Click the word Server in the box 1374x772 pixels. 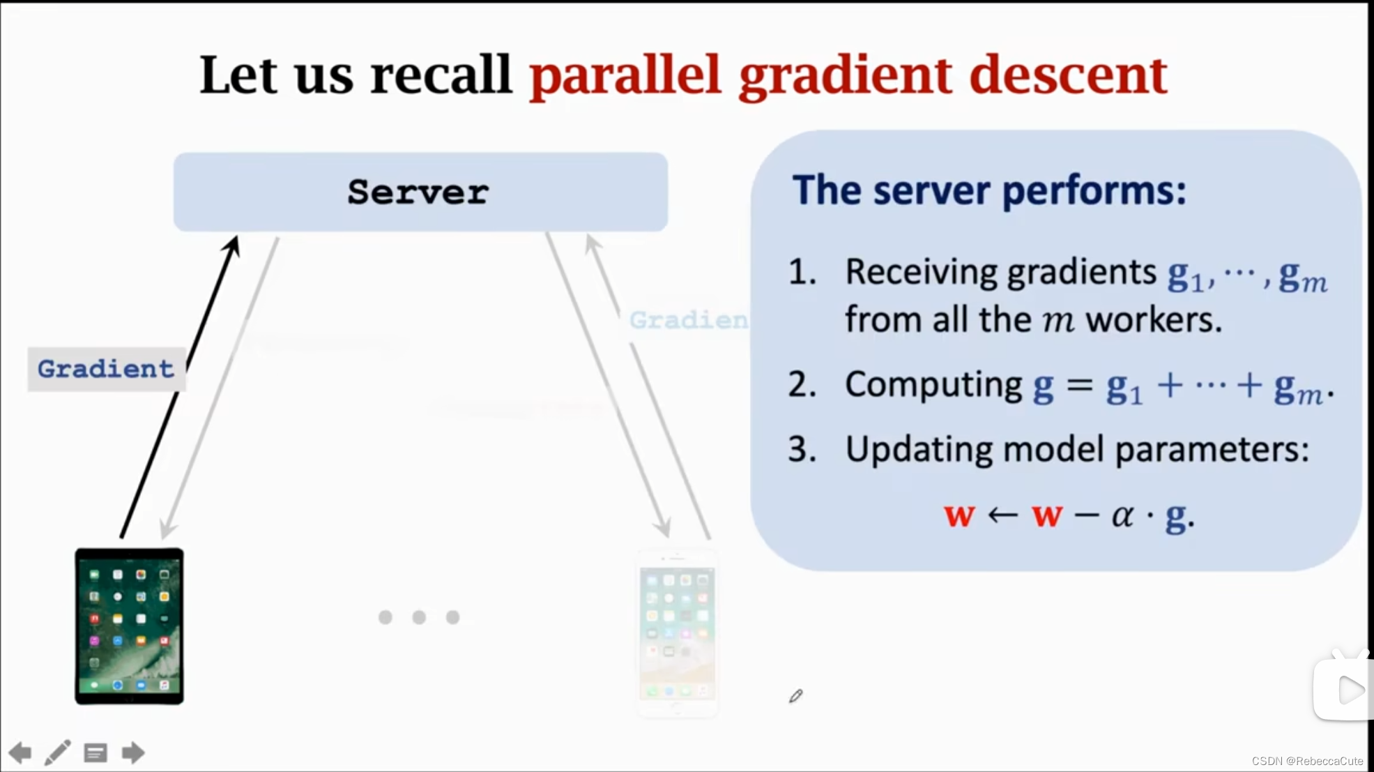coord(418,192)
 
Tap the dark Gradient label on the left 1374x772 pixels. coord(106,369)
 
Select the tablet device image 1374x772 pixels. coord(130,626)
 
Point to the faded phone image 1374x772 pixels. coord(677,633)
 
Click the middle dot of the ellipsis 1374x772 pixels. coord(419,617)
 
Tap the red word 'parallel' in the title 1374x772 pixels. coord(625,75)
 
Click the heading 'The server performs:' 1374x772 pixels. coord(989,190)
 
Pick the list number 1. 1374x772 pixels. coord(802,272)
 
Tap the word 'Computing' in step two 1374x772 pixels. coord(933,385)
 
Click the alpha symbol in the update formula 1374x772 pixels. coord(1122,516)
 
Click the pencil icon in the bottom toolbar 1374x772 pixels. coord(58,752)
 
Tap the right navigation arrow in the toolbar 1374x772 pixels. coord(133,752)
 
